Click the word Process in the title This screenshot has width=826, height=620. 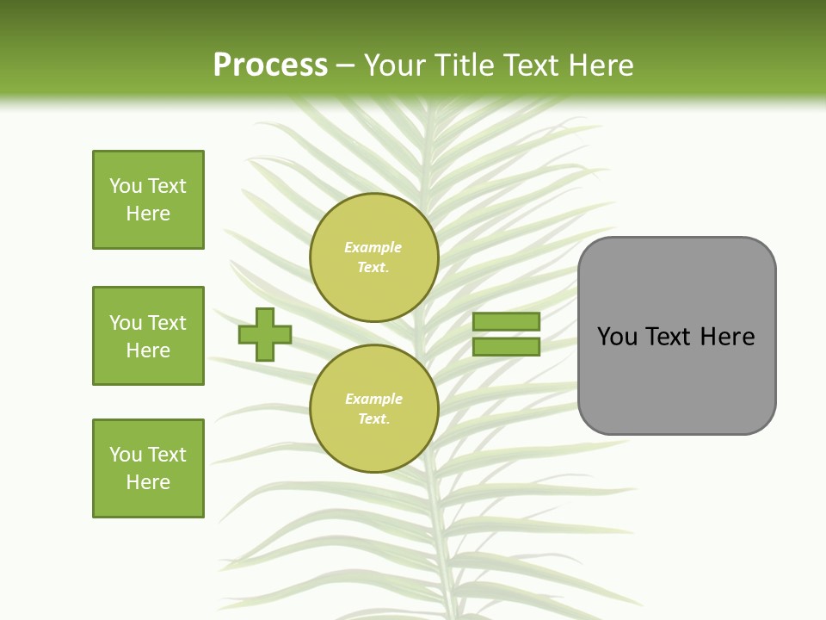[x=270, y=65]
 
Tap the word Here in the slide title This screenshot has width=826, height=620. [x=599, y=65]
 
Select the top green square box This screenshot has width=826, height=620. [x=148, y=200]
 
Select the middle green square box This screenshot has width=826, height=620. [x=148, y=336]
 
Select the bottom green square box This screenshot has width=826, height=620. [x=148, y=468]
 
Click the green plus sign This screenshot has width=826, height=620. [x=265, y=334]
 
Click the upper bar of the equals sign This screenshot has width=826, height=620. [x=506, y=321]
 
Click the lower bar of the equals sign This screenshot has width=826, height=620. [x=506, y=347]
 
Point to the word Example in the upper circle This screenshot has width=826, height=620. [x=373, y=247]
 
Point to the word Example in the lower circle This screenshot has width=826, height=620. [x=373, y=399]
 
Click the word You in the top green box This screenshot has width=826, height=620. [x=126, y=186]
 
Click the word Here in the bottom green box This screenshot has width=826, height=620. [x=148, y=482]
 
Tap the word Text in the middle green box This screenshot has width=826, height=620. [x=168, y=323]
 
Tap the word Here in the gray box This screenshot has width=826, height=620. [x=727, y=337]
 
